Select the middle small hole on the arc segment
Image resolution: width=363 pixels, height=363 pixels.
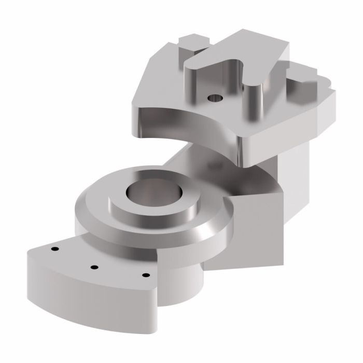coord(94,267)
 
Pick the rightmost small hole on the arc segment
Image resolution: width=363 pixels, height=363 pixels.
coord(146,274)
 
